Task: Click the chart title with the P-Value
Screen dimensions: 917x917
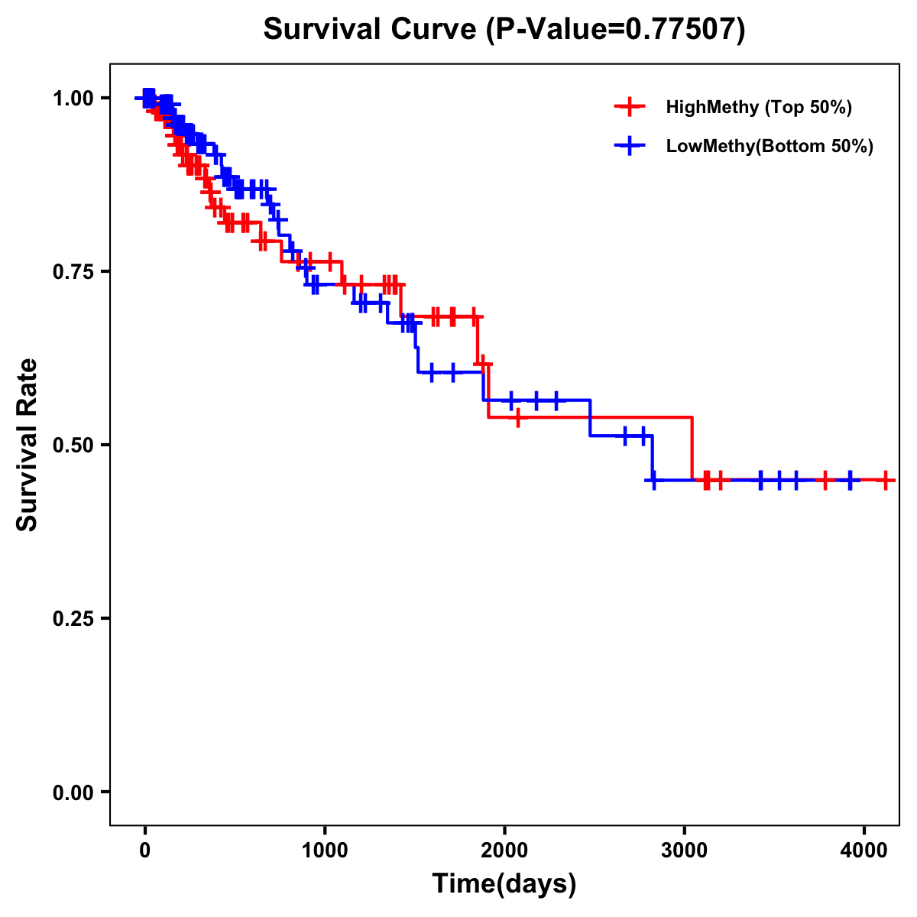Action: pyautogui.click(x=504, y=29)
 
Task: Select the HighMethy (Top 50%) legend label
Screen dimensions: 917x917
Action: pyautogui.click(x=759, y=107)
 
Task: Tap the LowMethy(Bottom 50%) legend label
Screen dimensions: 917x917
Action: pyautogui.click(x=770, y=146)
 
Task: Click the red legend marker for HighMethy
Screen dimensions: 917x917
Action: pyautogui.click(x=630, y=107)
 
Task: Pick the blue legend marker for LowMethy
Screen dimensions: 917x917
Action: pyautogui.click(x=630, y=146)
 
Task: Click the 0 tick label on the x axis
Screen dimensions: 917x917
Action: pyautogui.click(x=144, y=850)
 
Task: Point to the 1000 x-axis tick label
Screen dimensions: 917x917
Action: pyautogui.click(x=325, y=850)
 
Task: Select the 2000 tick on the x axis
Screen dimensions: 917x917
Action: pyautogui.click(x=504, y=850)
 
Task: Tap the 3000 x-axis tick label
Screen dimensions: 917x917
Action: pyautogui.click(x=684, y=850)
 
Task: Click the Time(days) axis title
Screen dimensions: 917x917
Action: pyautogui.click(x=504, y=884)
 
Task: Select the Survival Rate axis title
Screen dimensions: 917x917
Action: pyautogui.click(x=28, y=445)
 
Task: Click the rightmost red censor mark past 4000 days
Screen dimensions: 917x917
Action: pyautogui.click(x=885, y=480)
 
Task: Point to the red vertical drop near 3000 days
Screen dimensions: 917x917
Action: pyautogui.click(x=692, y=449)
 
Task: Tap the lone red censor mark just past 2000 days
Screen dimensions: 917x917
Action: pyautogui.click(x=518, y=418)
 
